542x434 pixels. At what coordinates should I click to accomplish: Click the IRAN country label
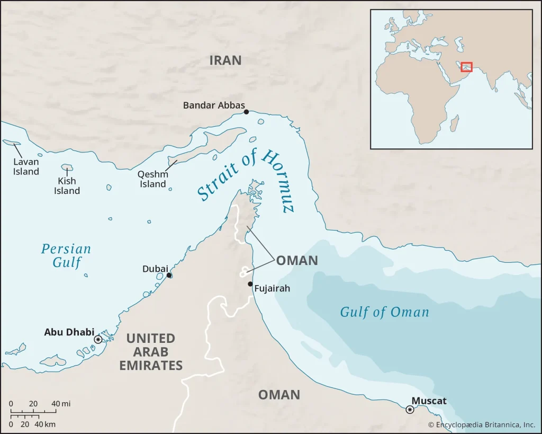click(225, 60)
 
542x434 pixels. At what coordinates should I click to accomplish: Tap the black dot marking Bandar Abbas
click(246, 112)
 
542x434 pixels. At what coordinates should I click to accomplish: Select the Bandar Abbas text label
click(214, 105)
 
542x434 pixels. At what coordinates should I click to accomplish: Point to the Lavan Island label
click(26, 166)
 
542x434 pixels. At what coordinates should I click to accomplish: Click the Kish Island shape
click(67, 168)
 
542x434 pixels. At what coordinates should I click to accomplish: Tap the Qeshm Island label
click(153, 179)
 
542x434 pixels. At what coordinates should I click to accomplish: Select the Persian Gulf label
click(66, 255)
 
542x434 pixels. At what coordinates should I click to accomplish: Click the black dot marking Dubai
click(169, 275)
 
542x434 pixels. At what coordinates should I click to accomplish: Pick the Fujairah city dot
click(250, 284)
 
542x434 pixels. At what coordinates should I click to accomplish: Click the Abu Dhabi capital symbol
click(98, 339)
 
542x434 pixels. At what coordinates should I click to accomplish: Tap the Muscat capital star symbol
click(410, 410)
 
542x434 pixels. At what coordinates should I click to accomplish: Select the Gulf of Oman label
click(384, 312)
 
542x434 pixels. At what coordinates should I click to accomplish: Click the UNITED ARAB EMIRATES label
click(151, 352)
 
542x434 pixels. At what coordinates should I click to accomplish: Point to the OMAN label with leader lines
click(297, 260)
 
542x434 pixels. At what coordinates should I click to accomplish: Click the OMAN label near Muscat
click(279, 395)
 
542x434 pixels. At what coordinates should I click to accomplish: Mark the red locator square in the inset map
click(466, 67)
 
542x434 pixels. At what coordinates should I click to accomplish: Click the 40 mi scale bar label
click(61, 404)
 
